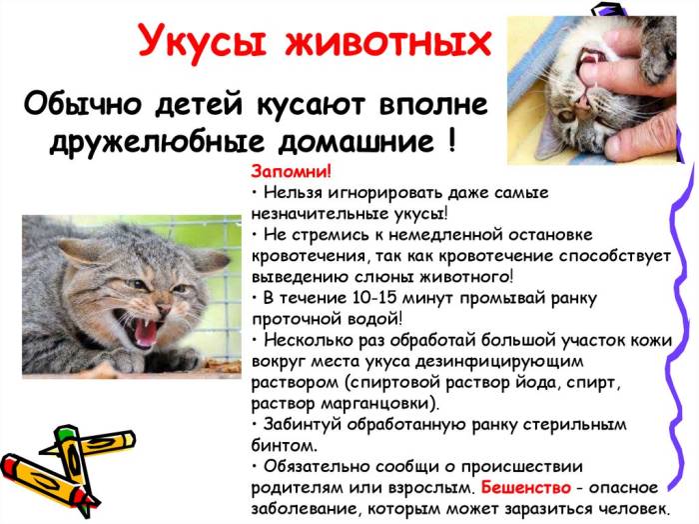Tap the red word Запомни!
286,170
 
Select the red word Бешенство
526,488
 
